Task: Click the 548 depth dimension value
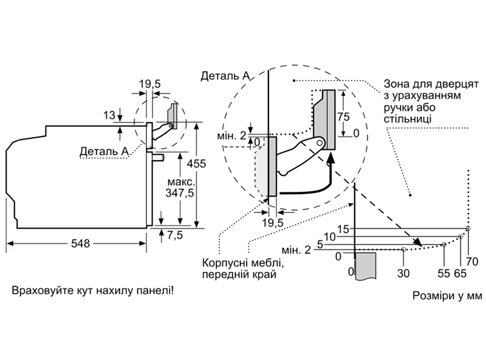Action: [x=81, y=244]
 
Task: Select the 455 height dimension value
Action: [x=196, y=163]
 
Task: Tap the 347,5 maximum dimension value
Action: [x=180, y=193]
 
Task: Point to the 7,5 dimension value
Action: [x=175, y=235]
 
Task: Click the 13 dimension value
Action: [x=109, y=115]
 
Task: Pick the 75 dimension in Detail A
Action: [x=343, y=116]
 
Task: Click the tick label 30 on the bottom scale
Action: [x=403, y=274]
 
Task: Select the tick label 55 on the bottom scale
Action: [x=444, y=274]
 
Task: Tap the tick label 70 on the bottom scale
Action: [x=472, y=262]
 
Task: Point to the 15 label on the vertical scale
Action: [x=343, y=229]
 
